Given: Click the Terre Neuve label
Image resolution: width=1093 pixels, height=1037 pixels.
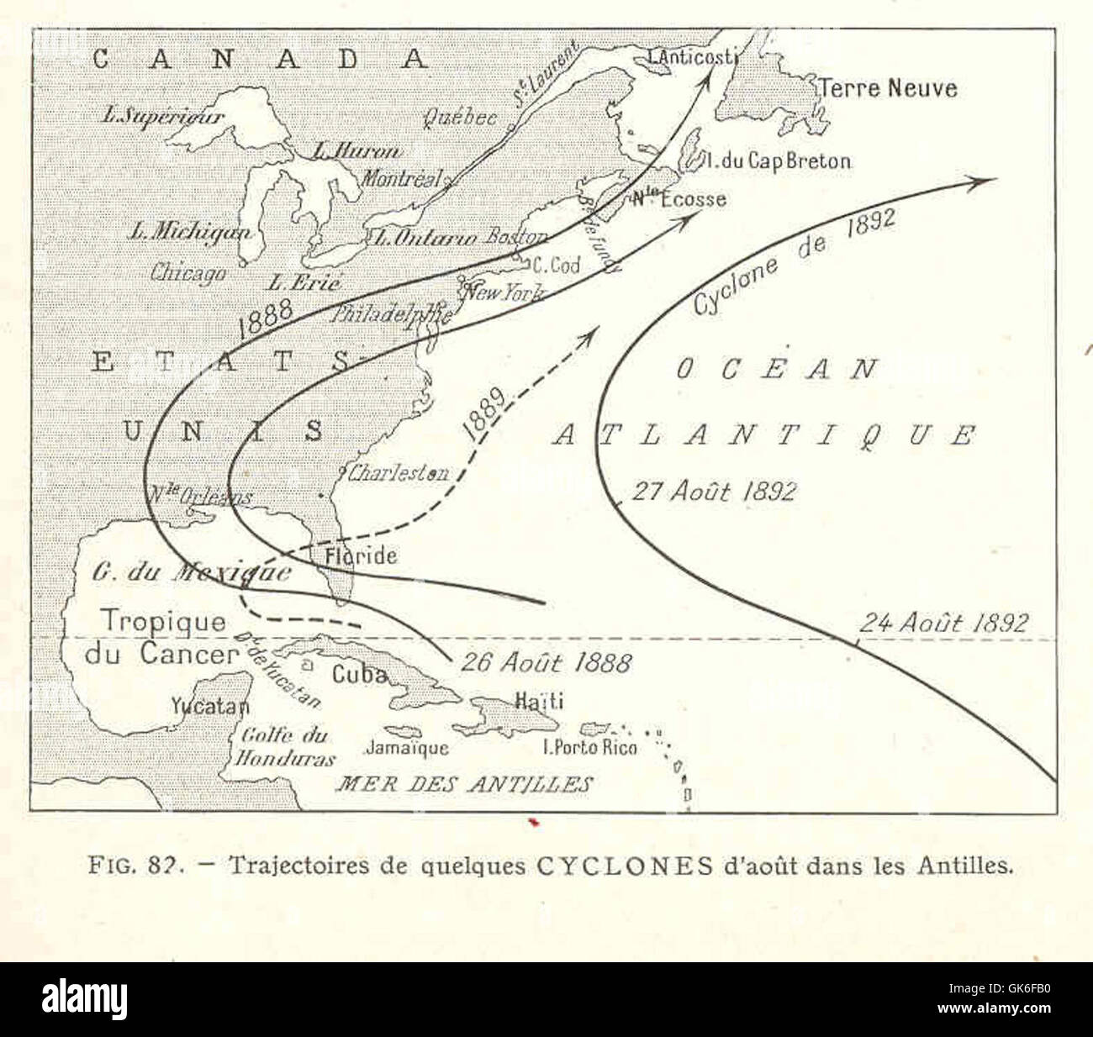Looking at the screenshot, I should pos(888,87).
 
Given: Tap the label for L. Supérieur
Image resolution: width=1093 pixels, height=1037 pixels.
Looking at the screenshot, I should pos(163,116).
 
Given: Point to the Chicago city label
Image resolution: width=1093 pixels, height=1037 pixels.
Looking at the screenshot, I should pos(188,273).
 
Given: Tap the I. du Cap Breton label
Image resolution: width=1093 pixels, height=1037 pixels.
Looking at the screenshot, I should pos(779,161).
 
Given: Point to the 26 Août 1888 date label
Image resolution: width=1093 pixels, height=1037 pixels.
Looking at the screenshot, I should pos(545,662).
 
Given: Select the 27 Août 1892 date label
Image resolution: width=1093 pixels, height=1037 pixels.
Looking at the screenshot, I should pos(713,492).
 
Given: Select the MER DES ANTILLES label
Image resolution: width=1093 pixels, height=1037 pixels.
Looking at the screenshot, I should pos(464,785).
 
